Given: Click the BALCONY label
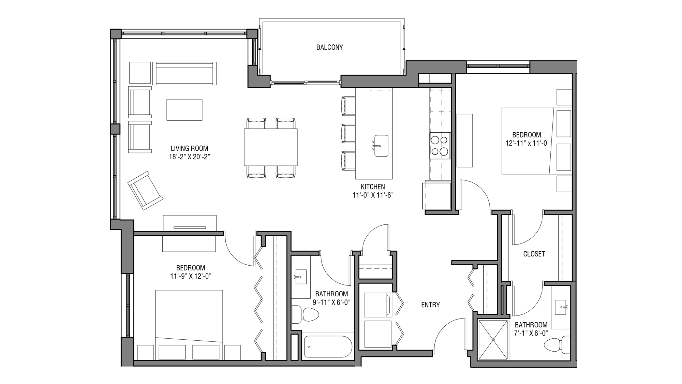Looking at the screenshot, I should (x=329, y=47).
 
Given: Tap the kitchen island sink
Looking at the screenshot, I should (x=381, y=146).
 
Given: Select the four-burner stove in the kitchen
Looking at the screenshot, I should (x=440, y=146).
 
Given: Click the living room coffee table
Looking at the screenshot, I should (x=184, y=110).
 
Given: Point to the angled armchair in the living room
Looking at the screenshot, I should (x=145, y=190).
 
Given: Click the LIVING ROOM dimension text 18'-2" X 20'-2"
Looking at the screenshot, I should (x=189, y=157).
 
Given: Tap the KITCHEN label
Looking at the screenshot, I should (x=373, y=187).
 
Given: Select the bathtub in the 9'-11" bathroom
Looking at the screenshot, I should (x=327, y=346).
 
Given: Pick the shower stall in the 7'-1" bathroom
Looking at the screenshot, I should (x=493, y=340).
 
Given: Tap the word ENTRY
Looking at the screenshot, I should (x=430, y=305).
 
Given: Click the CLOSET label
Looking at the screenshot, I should (x=534, y=254).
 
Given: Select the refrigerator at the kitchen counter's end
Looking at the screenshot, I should (x=437, y=196).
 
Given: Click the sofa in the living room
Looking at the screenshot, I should (x=184, y=73).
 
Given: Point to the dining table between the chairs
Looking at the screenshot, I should (x=271, y=147).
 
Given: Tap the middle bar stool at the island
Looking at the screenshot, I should (x=348, y=133).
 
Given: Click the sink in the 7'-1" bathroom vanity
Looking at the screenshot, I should (x=561, y=307).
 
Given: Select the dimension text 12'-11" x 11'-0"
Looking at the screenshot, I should (x=527, y=143).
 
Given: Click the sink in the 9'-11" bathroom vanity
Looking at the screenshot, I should (x=301, y=277).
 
